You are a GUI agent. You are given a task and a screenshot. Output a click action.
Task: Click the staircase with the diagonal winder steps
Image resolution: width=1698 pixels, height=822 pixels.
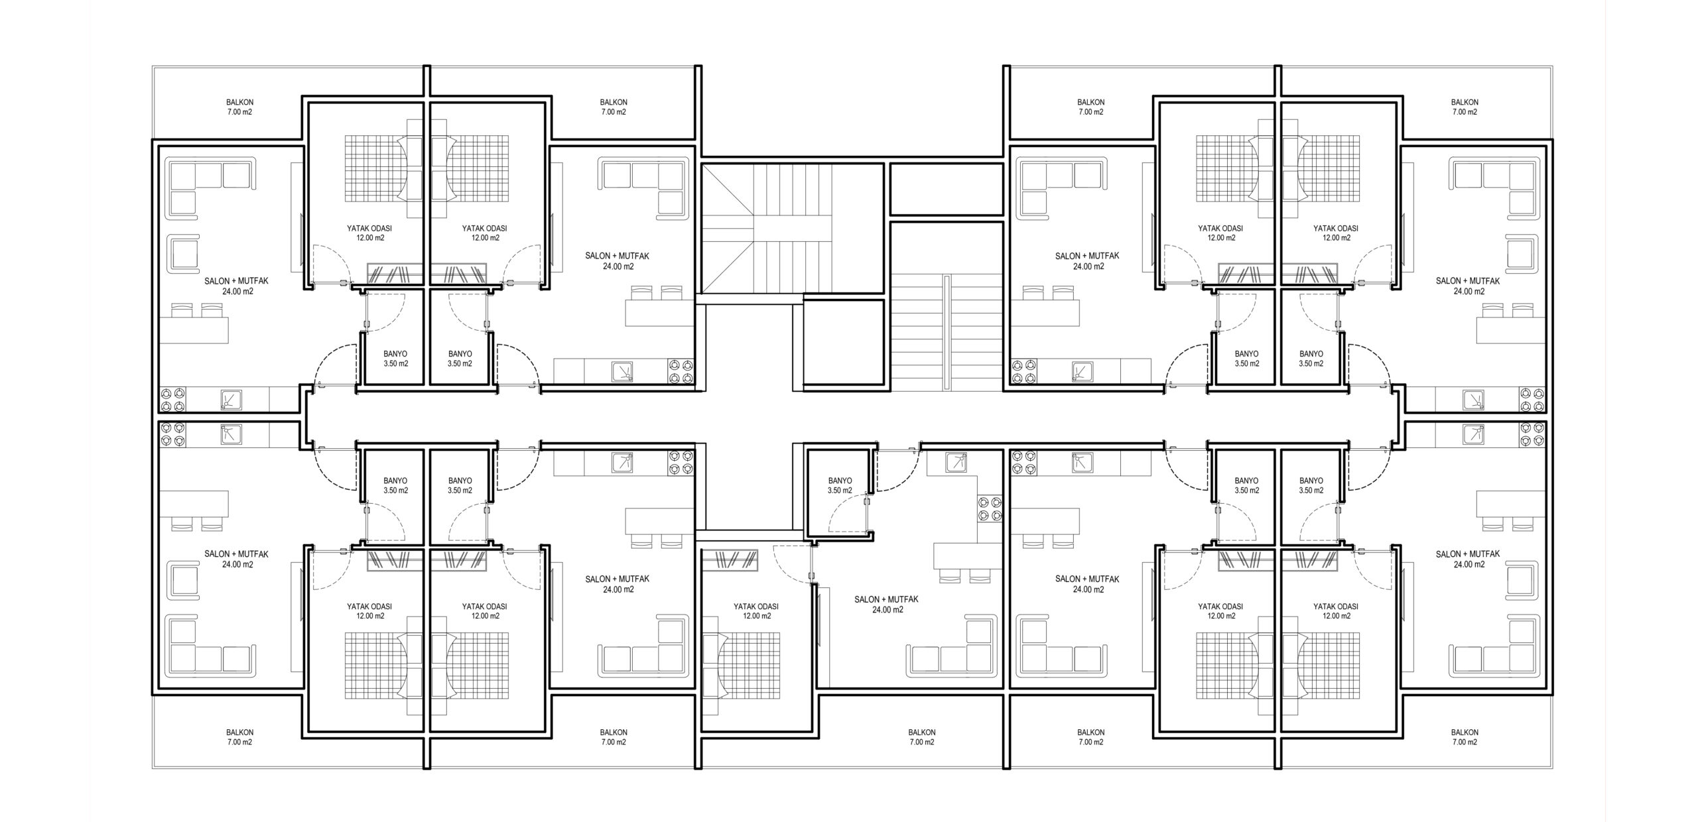pos(767,229)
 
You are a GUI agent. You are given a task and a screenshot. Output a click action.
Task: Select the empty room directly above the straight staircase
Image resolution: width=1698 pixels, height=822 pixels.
pos(946,190)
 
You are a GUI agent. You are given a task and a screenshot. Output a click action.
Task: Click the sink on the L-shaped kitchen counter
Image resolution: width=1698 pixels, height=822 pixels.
pos(957,463)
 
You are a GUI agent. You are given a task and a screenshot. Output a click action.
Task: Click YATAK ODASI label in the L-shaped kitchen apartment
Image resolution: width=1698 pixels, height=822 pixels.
pos(755,607)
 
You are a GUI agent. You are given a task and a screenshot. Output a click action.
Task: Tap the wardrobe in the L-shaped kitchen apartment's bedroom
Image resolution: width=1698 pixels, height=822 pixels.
pos(730,560)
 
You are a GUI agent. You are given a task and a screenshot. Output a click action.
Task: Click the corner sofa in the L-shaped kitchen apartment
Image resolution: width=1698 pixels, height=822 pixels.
pos(952,646)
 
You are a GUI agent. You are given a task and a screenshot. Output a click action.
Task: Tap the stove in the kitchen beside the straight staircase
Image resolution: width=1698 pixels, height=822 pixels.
pos(1022,371)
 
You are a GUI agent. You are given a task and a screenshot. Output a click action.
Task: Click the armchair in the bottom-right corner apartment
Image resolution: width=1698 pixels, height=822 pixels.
pos(1522,580)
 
